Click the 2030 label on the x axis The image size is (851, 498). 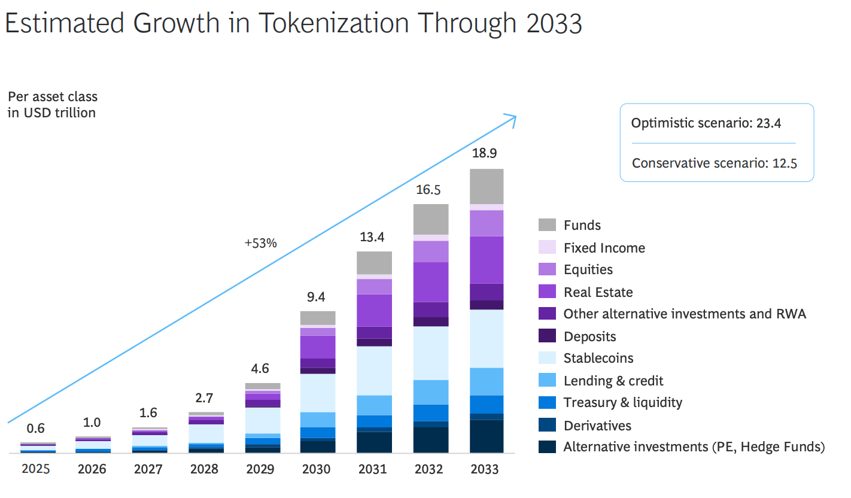(316, 469)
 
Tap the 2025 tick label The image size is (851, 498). (35, 469)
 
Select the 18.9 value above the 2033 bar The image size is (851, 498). (484, 153)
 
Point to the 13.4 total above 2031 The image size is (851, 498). (372, 237)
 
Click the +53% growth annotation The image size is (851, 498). (260, 243)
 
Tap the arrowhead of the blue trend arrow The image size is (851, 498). (512, 117)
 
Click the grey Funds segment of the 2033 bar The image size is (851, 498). (487, 186)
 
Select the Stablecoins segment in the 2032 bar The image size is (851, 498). (430, 353)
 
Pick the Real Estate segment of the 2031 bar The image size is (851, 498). (374, 310)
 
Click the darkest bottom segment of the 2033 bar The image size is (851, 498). (487, 436)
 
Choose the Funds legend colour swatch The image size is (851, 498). (547, 225)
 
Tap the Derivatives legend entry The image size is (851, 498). (597, 426)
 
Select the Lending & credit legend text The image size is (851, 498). (613, 381)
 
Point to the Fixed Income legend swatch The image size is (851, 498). (547, 247)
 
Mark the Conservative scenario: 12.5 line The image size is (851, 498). (715, 163)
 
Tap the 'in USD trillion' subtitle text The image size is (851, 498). (51, 113)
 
